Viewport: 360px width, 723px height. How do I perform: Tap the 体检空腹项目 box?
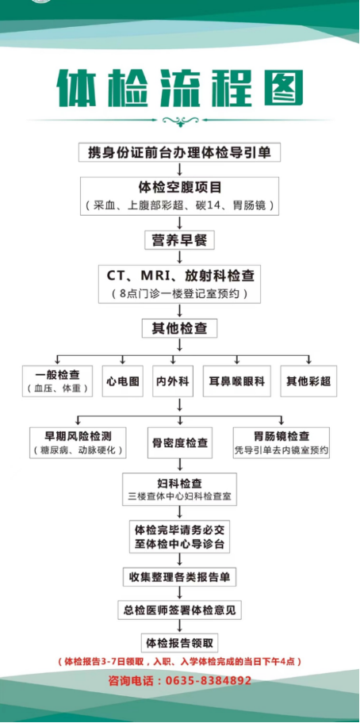[x=180, y=195]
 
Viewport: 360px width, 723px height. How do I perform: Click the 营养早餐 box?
[x=180, y=239]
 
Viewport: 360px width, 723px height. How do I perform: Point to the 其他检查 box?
[x=180, y=327]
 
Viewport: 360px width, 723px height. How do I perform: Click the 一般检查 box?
[x=57, y=381]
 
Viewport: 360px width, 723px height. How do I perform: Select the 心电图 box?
[x=123, y=381]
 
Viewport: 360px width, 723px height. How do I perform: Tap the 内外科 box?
[x=172, y=381]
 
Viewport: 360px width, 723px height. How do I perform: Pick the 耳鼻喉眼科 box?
[x=236, y=381]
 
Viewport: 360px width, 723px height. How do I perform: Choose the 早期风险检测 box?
[x=78, y=442]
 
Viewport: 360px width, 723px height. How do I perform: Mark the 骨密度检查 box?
[x=180, y=442]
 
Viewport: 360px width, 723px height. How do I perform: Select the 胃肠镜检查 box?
[x=281, y=442]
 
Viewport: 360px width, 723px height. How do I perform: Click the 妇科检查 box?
[x=180, y=489]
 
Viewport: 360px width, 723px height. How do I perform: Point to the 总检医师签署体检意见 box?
[x=180, y=610]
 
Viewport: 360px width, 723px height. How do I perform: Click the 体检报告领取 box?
[x=180, y=642]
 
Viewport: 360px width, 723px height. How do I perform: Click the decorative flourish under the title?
[x=180, y=121]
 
